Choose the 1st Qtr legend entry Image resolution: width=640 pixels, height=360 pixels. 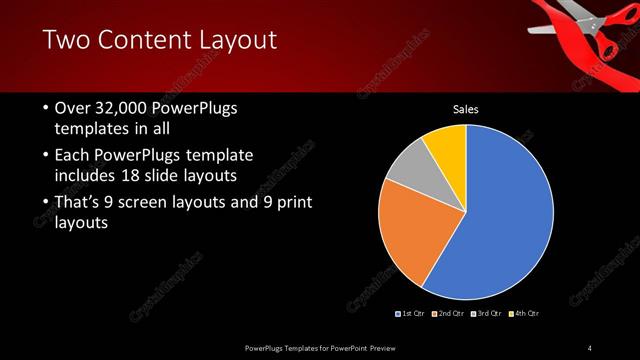(413, 313)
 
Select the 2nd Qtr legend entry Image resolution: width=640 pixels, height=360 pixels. (450, 313)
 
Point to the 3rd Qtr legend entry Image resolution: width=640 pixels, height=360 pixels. (487, 313)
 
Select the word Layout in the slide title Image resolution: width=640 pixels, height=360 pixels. (235, 41)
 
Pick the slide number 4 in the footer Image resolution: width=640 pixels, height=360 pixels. (590, 347)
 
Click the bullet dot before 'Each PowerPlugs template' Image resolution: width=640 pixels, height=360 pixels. (45, 157)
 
